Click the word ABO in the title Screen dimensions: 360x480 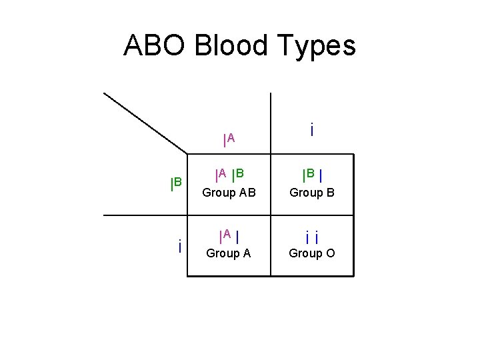click(155, 46)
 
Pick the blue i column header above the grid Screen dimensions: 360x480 click(312, 129)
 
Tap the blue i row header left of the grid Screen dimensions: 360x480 click(180, 247)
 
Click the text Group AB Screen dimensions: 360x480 click(229, 193)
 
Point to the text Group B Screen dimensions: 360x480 click(311, 193)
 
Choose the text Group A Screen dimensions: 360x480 click(229, 253)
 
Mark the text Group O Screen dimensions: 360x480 click(311, 253)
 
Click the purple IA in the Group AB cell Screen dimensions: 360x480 click(221, 175)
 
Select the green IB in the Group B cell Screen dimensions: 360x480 click(309, 175)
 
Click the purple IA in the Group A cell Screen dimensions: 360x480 click(225, 235)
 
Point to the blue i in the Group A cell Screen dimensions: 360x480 click(237, 235)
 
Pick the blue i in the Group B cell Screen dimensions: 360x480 click(321, 176)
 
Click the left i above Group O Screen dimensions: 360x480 click(307, 237)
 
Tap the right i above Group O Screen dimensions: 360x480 click(316, 237)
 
